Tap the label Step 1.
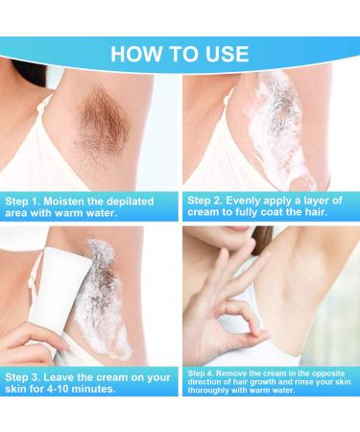click(26, 202)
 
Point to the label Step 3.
click(26, 377)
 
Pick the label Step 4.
click(203, 371)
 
